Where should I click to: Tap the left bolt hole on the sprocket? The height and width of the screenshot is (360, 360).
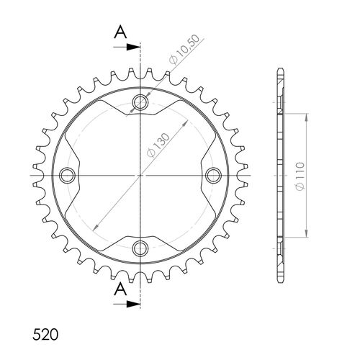[x=68, y=176]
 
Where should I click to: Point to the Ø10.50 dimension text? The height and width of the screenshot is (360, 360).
[x=181, y=53]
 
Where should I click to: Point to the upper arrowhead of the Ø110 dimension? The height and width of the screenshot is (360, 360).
[x=308, y=115]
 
